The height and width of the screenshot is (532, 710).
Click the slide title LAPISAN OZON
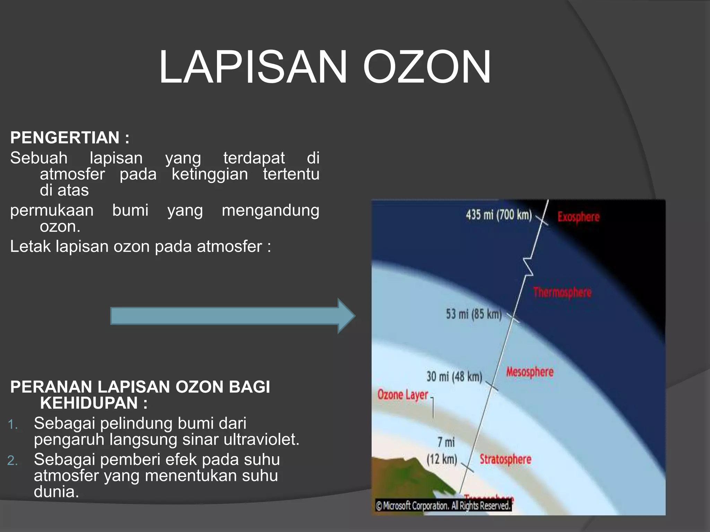[x=325, y=67]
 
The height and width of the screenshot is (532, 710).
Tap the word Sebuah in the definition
[x=39, y=158]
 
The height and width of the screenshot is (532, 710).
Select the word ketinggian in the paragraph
[x=210, y=174]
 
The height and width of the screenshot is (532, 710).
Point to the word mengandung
[x=270, y=210]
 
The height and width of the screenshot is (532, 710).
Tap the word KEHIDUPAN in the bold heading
[x=89, y=403]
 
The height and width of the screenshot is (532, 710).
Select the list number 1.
[x=12, y=424]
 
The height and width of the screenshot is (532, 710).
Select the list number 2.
[x=12, y=461]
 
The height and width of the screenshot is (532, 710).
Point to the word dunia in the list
[x=56, y=492]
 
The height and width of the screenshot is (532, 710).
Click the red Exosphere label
[x=578, y=217]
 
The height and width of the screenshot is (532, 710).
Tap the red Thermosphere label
[x=562, y=292]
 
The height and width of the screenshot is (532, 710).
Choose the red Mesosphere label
[x=530, y=372]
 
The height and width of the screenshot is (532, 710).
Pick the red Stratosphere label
[x=505, y=459]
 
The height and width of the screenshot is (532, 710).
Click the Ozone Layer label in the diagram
[x=403, y=394]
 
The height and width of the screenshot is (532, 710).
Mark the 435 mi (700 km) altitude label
[x=499, y=215]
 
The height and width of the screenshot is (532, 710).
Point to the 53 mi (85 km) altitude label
[x=474, y=314]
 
